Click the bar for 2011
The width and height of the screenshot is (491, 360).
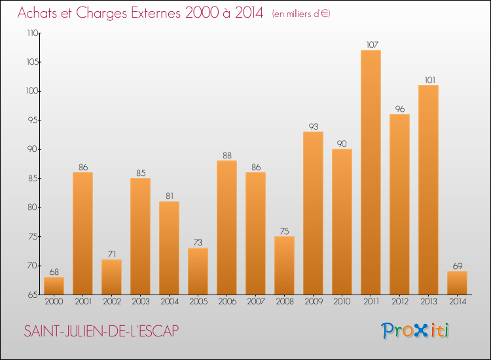(371, 172)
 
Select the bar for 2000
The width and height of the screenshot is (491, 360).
(54, 286)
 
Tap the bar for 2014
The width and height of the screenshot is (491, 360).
(457, 283)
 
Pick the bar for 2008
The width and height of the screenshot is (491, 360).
(284, 265)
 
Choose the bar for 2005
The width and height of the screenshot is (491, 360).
(198, 271)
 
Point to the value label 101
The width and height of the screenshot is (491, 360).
(428, 81)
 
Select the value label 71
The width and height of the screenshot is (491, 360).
(111, 255)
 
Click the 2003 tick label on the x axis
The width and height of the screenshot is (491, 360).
(140, 301)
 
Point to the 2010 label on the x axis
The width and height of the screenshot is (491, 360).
(342, 301)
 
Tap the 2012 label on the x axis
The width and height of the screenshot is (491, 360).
(399, 301)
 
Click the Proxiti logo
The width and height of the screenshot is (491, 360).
(416, 331)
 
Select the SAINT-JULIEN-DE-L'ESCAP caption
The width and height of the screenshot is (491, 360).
(101, 331)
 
